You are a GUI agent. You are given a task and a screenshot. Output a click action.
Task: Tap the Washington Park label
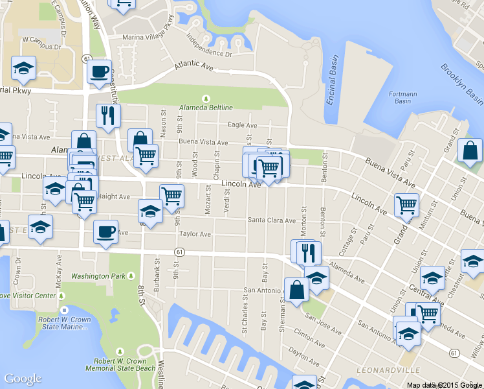(x=98, y=276)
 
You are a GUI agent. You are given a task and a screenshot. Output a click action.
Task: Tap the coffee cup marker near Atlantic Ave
(x=99, y=71)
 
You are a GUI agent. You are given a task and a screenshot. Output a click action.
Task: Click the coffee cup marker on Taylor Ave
(x=105, y=231)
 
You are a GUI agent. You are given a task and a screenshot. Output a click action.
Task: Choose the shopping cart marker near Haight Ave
(x=171, y=195)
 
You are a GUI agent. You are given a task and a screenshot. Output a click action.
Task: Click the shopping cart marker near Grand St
(x=406, y=205)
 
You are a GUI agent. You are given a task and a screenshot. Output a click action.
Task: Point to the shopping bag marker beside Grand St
(x=470, y=151)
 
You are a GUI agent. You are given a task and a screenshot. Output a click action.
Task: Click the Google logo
(x=23, y=379)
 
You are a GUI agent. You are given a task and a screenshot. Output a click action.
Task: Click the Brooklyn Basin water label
(x=461, y=82)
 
